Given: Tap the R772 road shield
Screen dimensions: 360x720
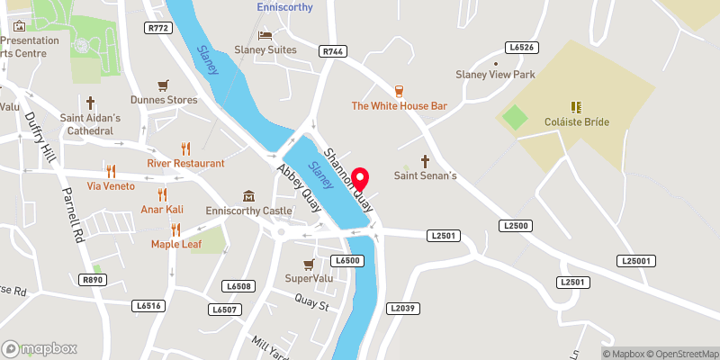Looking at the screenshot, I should [158, 29].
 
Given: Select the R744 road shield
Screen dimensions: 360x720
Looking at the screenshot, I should [332, 52].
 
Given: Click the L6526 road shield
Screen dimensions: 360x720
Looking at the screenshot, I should [521, 47].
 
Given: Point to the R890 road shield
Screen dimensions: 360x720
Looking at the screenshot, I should [93, 280].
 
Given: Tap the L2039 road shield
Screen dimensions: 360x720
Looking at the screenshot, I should [402, 308].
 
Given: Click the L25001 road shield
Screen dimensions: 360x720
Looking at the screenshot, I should [635, 260].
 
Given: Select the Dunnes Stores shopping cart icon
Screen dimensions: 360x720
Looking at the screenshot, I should [163, 85].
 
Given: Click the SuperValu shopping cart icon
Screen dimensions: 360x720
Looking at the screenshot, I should [309, 264].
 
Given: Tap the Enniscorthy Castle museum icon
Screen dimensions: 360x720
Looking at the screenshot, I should [248, 196].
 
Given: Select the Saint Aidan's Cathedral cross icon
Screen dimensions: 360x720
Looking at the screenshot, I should [91, 103].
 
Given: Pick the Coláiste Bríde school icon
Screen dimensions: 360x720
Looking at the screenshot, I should [577, 107].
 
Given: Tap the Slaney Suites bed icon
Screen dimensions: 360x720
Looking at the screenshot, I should [265, 35].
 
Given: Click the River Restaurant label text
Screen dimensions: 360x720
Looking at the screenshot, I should [186, 164].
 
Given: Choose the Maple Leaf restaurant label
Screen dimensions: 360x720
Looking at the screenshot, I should [175, 244].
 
